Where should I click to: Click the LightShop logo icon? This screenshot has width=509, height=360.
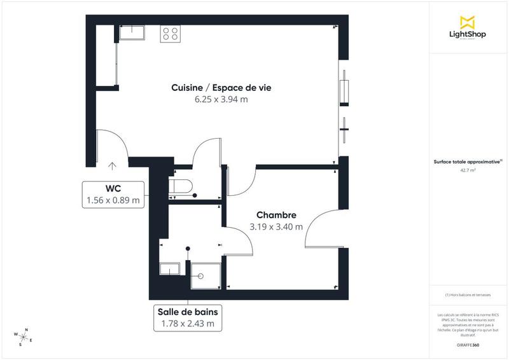click(x=468, y=21)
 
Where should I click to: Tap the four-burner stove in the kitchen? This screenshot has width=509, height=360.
click(x=171, y=33)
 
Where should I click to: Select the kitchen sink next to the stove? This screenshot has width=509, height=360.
click(x=132, y=32)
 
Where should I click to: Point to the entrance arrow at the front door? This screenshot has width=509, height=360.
click(x=112, y=166)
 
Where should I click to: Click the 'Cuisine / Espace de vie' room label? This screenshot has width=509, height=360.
click(x=221, y=87)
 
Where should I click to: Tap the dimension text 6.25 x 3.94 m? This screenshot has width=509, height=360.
click(x=221, y=99)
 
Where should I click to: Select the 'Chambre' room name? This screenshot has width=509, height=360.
click(x=276, y=215)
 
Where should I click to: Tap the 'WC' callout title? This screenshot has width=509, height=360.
click(x=113, y=188)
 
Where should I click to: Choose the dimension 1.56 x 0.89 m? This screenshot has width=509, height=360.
click(x=113, y=201)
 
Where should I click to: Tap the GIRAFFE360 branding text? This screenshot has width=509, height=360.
click(x=468, y=344)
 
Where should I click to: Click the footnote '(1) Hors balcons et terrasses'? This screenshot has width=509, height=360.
click(x=468, y=295)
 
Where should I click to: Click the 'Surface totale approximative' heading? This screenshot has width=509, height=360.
click(x=468, y=162)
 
